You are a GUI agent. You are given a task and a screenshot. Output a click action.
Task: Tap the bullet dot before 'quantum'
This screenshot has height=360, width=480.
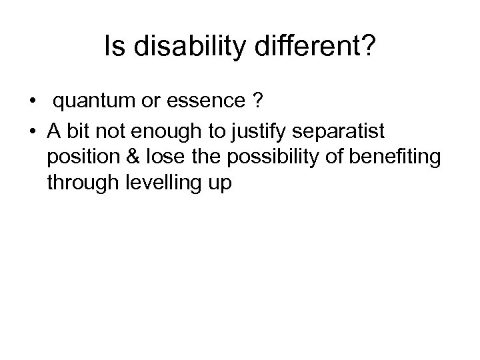(x=32, y=103)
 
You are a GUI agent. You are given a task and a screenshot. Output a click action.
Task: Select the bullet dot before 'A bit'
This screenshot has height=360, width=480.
(x=32, y=130)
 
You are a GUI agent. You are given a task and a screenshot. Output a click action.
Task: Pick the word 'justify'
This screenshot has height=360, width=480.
(x=250, y=130)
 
